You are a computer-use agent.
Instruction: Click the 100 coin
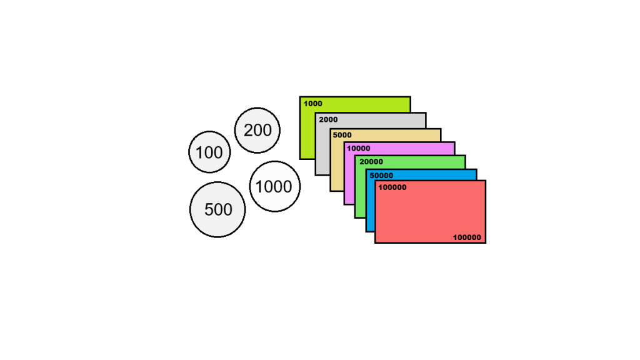[209, 152]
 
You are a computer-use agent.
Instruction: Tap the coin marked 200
[257, 130]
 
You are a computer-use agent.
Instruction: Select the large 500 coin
[217, 209]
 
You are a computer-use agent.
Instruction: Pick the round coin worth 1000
[275, 186]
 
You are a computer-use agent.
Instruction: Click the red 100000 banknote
[430, 211]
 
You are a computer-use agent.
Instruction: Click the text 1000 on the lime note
[312, 104]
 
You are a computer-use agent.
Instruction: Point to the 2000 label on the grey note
[328, 119]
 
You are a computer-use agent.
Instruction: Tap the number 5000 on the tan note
[342, 135]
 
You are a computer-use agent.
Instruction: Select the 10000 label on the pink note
[358, 149]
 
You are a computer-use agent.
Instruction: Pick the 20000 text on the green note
[371, 162]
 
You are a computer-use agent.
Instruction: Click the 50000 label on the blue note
[381, 176]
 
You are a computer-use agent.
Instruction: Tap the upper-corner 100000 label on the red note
[392, 187]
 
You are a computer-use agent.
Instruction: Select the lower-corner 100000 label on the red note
[467, 237]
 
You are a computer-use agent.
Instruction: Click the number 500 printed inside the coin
[218, 210]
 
